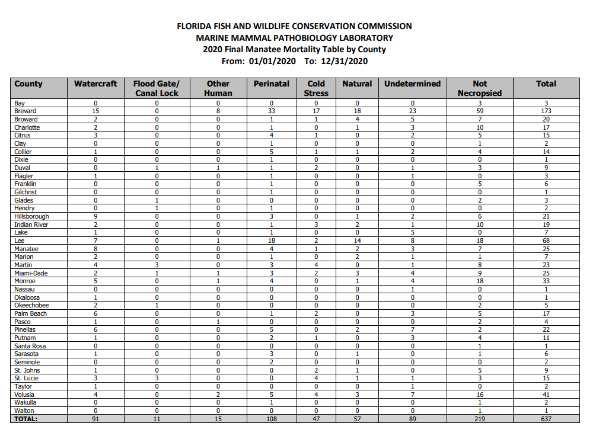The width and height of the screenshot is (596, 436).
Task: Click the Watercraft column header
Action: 95,84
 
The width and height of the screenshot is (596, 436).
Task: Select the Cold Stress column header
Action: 316,88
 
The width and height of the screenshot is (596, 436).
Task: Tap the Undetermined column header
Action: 412,84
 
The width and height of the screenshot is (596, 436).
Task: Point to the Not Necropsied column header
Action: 480,88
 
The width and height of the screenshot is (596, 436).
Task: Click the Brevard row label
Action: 26,111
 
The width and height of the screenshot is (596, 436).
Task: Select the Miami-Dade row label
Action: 31,273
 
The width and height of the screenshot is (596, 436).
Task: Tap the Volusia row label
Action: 24,395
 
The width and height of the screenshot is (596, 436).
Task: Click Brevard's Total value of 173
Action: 546,111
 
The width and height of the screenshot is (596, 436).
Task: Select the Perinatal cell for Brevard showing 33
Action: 272,111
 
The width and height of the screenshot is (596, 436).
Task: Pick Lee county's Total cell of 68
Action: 546,241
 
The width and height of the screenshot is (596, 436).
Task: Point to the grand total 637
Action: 546,419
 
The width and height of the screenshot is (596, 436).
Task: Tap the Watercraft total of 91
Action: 95,419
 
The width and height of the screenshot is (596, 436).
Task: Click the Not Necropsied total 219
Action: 480,419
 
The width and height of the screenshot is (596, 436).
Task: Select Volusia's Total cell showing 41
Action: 546,395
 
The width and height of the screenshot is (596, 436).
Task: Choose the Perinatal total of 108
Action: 272,419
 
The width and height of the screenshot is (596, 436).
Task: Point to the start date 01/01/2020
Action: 272,61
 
